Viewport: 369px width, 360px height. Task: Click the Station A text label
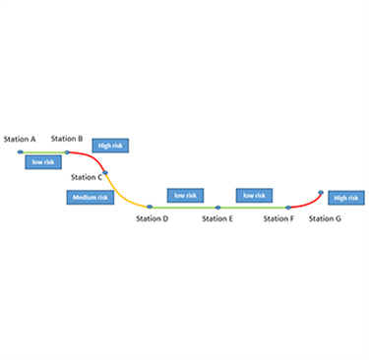(20, 140)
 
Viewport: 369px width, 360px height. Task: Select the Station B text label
(67, 140)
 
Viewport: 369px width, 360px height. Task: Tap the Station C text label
(86, 177)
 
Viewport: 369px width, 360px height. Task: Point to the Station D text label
(153, 217)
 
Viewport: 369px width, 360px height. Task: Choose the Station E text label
(217, 217)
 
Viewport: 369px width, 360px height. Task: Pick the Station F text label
(278, 217)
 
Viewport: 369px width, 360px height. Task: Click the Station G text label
(325, 217)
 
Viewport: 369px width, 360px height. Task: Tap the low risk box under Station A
(43, 161)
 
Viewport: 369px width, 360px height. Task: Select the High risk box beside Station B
(111, 146)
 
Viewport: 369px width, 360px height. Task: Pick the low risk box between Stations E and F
(253, 195)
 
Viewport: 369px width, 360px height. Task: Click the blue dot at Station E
(217, 207)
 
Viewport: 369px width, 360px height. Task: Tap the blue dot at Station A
(21, 151)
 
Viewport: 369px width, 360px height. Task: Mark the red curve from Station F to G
(306, 202)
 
